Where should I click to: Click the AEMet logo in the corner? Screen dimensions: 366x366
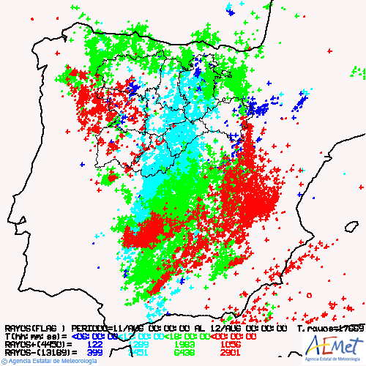click(x=333, y=346)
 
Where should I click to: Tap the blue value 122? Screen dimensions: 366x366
click(x=95, y=344)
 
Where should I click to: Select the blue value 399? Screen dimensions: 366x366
click(x=95, y=352)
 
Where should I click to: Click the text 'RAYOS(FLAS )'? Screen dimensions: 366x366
click(x=36, y=328)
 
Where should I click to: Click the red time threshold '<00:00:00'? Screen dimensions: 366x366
click(x=234, y=336)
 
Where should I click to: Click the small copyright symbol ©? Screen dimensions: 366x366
click(x=4, y=362)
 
